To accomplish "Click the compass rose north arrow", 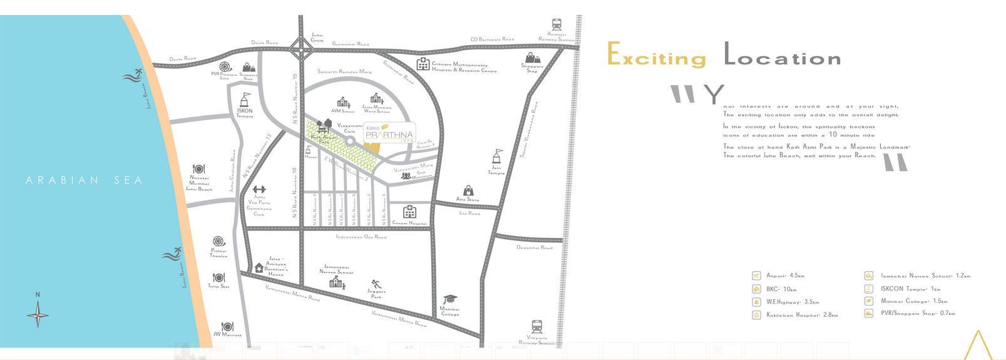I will [38, 312].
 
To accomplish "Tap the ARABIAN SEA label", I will [85, 180].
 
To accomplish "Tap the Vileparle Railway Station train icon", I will [536, 327].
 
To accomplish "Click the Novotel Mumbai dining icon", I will [198, 168].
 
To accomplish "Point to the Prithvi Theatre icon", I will [218, 241].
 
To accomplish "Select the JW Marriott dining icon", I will [227, 326].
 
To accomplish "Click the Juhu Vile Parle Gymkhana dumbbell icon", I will [259, 189].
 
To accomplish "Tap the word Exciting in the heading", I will [657, 58].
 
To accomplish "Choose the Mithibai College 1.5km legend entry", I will [913, 301].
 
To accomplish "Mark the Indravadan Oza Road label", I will [361, 237].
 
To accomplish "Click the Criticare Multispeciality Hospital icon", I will [423, 63].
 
